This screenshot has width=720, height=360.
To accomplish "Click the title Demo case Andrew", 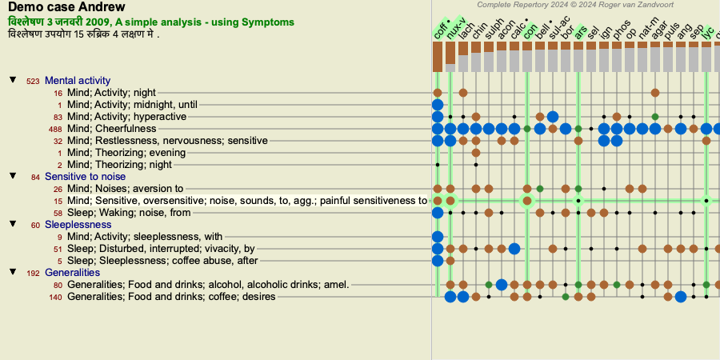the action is (x=66, y=7).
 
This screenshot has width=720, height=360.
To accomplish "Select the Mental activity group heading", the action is (x=78, y=81).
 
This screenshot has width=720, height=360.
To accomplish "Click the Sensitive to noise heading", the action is (x=85, y=176).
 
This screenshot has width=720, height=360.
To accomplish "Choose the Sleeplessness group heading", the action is (x=78, y=225).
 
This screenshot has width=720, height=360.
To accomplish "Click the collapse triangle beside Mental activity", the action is (x=14, y=80).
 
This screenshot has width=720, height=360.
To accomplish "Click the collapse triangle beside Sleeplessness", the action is (x=14, y=224).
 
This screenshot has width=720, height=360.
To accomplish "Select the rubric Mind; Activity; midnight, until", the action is (x=132, y=105).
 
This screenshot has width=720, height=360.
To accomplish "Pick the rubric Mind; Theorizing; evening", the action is (x=126, y=153).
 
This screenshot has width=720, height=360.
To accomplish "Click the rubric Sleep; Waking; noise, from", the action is (x=129, y=213).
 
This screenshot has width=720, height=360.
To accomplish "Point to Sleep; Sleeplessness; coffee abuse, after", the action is (x=162, y=261).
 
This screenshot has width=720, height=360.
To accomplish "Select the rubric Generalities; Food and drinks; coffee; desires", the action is (x=171, y=297).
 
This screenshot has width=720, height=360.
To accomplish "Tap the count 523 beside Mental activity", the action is (x=33, y=82).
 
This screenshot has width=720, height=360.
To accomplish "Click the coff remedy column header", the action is (x=441, y=30).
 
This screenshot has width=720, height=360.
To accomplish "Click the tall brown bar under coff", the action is (x=437, y=57).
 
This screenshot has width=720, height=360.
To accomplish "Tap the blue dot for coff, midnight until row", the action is (x=438, y=105).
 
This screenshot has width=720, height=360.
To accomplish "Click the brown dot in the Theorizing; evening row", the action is (x=476, y=153).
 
